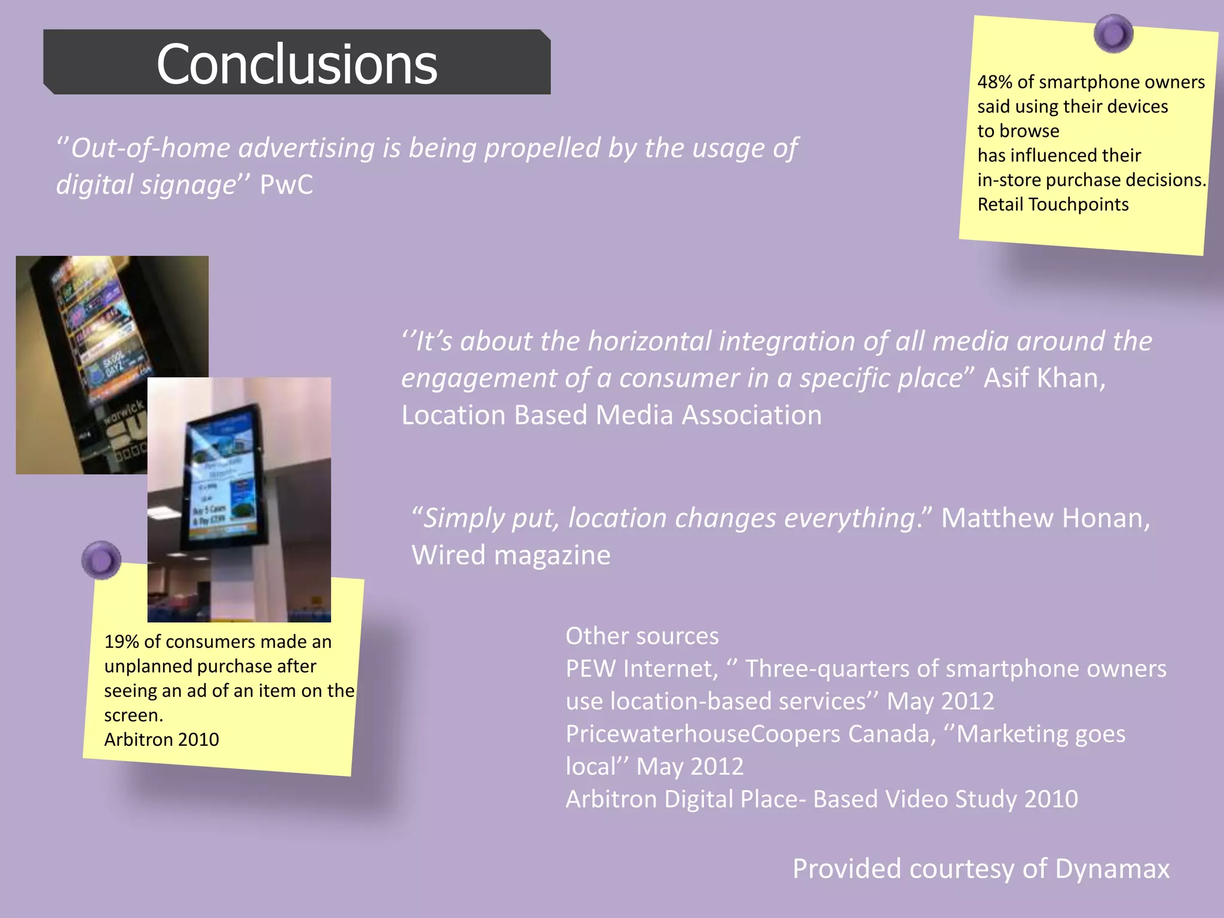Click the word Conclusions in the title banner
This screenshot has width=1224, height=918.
[x=296, y=65]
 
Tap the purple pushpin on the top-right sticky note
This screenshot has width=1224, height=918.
[x=1113, y=33]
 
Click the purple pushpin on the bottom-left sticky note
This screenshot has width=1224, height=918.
[x=101, y=560]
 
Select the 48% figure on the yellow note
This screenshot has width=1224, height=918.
[x=994, y=82]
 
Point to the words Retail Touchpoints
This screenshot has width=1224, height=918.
[x=1052, y=204]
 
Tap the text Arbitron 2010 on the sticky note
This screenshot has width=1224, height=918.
[x=161, y=740]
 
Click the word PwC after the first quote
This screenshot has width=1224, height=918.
[x=286, y=185]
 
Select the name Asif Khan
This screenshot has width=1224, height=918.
[x=1043, y=378]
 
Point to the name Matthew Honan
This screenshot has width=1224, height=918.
[x=1045, y=518]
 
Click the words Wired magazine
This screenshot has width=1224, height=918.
[x=511, y=555]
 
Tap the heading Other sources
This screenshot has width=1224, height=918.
[x=642, y=636]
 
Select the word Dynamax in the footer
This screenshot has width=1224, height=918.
[x=1112, y=868]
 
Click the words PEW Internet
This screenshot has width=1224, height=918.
[x=641, y=669]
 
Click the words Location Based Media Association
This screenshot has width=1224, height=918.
[x=611, y=415]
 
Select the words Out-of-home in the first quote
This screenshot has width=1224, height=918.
[x=150, y=148]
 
